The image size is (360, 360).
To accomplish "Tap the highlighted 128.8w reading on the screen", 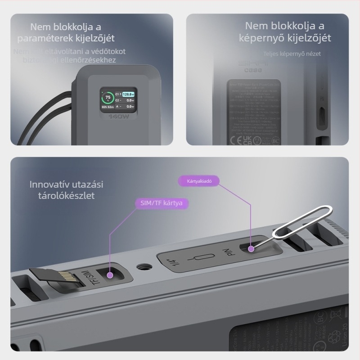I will (129, 94).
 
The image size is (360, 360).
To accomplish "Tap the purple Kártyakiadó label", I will (199, 181).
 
